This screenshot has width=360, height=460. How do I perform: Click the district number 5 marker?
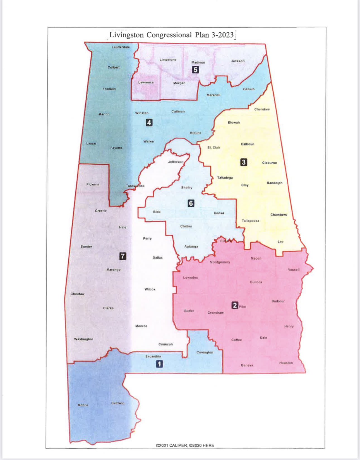coord(195,70)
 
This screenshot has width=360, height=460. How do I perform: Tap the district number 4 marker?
coord(149,122)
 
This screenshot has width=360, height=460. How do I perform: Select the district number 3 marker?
coord(244,162)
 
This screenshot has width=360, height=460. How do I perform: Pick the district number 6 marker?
coord(191,203)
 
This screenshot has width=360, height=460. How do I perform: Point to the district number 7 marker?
coord(123,256)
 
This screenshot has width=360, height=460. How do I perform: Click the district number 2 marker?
coord(235,306)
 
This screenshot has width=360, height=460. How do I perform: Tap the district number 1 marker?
coord(159,364)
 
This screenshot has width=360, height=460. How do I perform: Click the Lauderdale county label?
coord(121,47)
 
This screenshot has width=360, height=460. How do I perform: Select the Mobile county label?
coord(83,405)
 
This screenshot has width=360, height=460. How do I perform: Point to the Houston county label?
coord(286,363)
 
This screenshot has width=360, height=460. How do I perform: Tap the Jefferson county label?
coord(176,162)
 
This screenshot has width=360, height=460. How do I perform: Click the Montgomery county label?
coord(220,262)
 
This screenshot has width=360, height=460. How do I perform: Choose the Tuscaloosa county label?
coord(135,186)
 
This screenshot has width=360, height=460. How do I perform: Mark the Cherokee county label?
coord(262,109)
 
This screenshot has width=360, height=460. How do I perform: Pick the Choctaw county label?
coord(78,294)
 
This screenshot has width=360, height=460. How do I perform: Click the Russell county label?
coord(293,270)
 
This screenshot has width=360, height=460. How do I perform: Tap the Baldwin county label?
coord(118,403)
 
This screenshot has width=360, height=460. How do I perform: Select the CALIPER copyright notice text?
coord(185,445)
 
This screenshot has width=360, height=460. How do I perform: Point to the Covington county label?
coord(205,352)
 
